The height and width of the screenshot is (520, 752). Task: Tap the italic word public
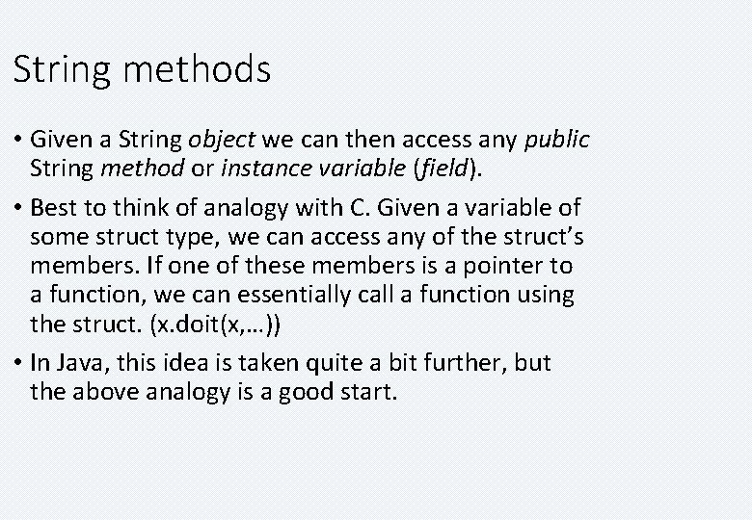pyautogui.click(x=556, y=141)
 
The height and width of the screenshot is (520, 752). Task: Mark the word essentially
pyautogui.click(x=303, y=295)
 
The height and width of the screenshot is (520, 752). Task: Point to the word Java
pyautogui.click(x=77, y=362)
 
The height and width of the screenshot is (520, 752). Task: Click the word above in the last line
pyautogui.click(x=102, y=392)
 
